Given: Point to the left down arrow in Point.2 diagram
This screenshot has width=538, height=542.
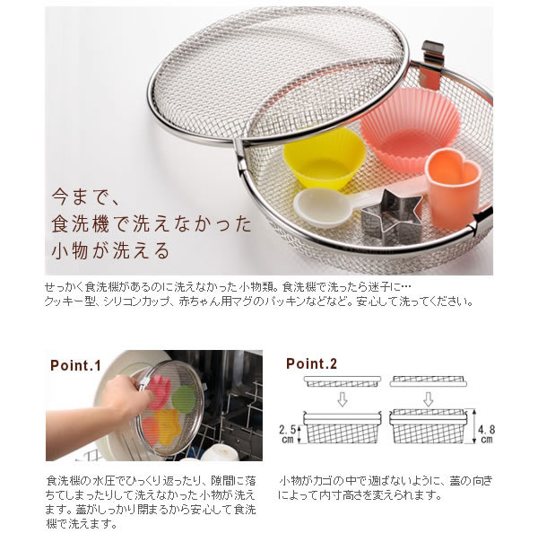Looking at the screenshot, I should coord(342,397).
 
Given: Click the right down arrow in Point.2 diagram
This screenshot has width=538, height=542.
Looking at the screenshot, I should coord(427,397).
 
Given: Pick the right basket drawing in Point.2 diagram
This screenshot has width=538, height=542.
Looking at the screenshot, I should coord(428,429).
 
